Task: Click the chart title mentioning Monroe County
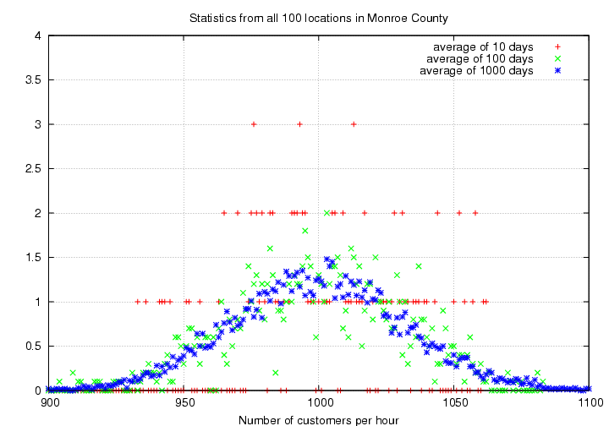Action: click(x=318, y=18)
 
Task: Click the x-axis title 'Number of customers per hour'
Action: click(x=318, y=418)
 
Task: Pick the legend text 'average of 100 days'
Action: click(x=480, y=58)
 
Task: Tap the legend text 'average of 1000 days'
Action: click(x=476, y=71)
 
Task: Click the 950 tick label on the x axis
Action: click(x=184, y=402)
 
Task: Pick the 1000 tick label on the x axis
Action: click(x=320, y=402)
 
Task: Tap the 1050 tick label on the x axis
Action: click(x=455, y=402)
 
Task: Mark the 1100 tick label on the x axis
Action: click(x=590, y=402)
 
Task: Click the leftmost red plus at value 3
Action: click(x=253, y=124)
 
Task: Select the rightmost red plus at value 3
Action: click(x=354, y=124)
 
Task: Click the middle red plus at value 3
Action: click(x=299, y=124)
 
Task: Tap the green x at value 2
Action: click(x=327, y=213)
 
